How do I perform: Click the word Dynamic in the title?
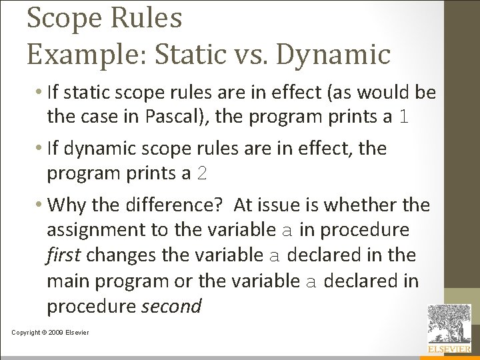coord(333,54)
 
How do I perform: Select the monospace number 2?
coord(203,174)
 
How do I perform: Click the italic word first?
coord(63,255)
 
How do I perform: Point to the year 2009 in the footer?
coord(55,333)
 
